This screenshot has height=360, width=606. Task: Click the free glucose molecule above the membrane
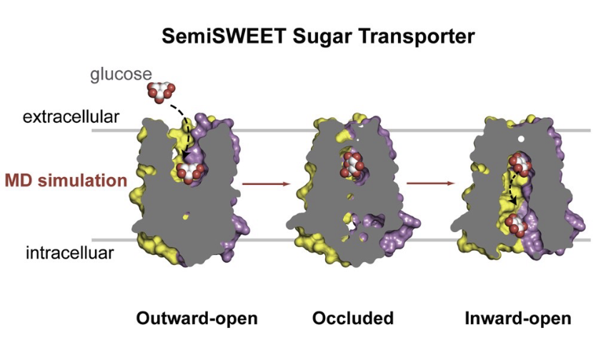point(160,91)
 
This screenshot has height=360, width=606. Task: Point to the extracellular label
point(71,116)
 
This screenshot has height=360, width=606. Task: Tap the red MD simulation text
point(66,181)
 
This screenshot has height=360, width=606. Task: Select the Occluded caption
point(353,319)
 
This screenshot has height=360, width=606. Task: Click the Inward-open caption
point(518,319)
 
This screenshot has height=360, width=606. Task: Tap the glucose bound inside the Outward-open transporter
point(191,172)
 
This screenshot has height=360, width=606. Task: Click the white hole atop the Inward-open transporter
point(522,138)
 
